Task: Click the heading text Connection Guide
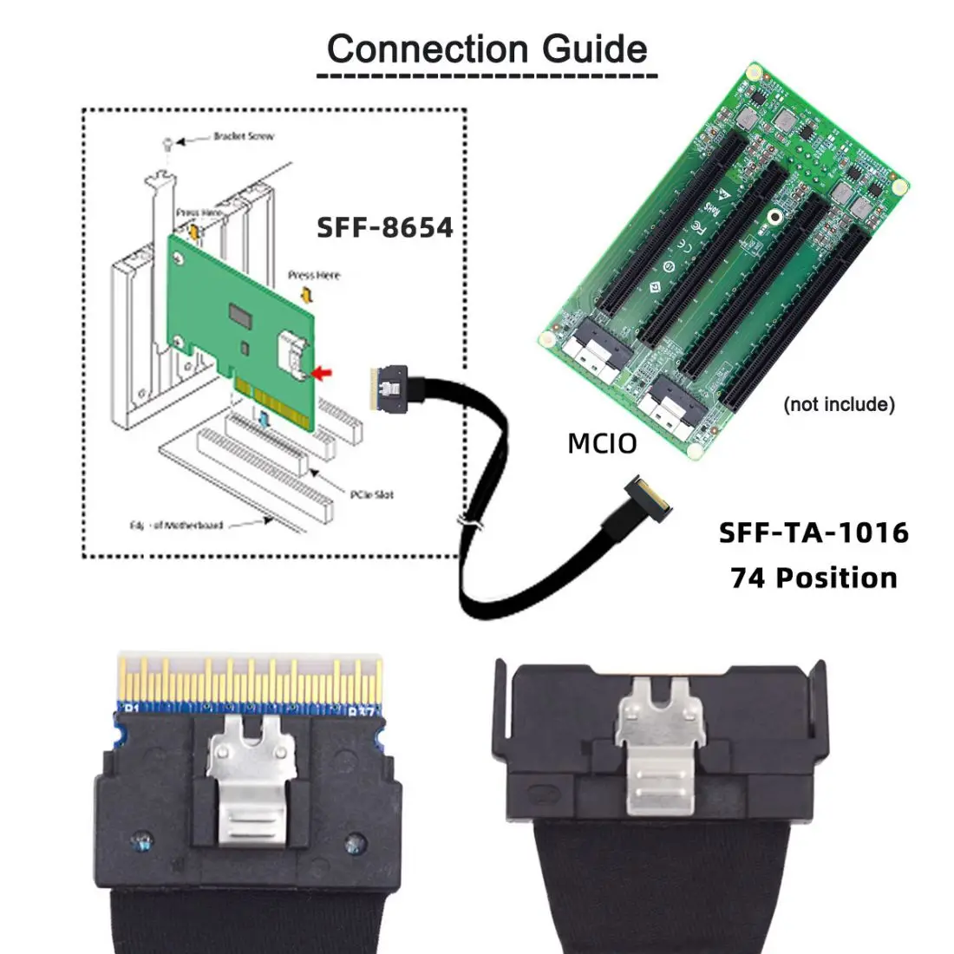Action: click(x=487, y=49)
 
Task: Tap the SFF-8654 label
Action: click(x=384, y=227)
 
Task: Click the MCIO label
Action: click(x=602, y=444)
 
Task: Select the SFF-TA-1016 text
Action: click(x=814, y=532)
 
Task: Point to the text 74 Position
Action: click(x=814, y=578)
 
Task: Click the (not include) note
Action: click(x=838, y=404)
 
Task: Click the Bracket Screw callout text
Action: click(x=243, y=137)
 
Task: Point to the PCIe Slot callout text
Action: click(x=371, y=494)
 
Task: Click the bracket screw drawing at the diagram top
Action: click(x=167, y=145)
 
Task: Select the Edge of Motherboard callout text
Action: click(x=177, y=525)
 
